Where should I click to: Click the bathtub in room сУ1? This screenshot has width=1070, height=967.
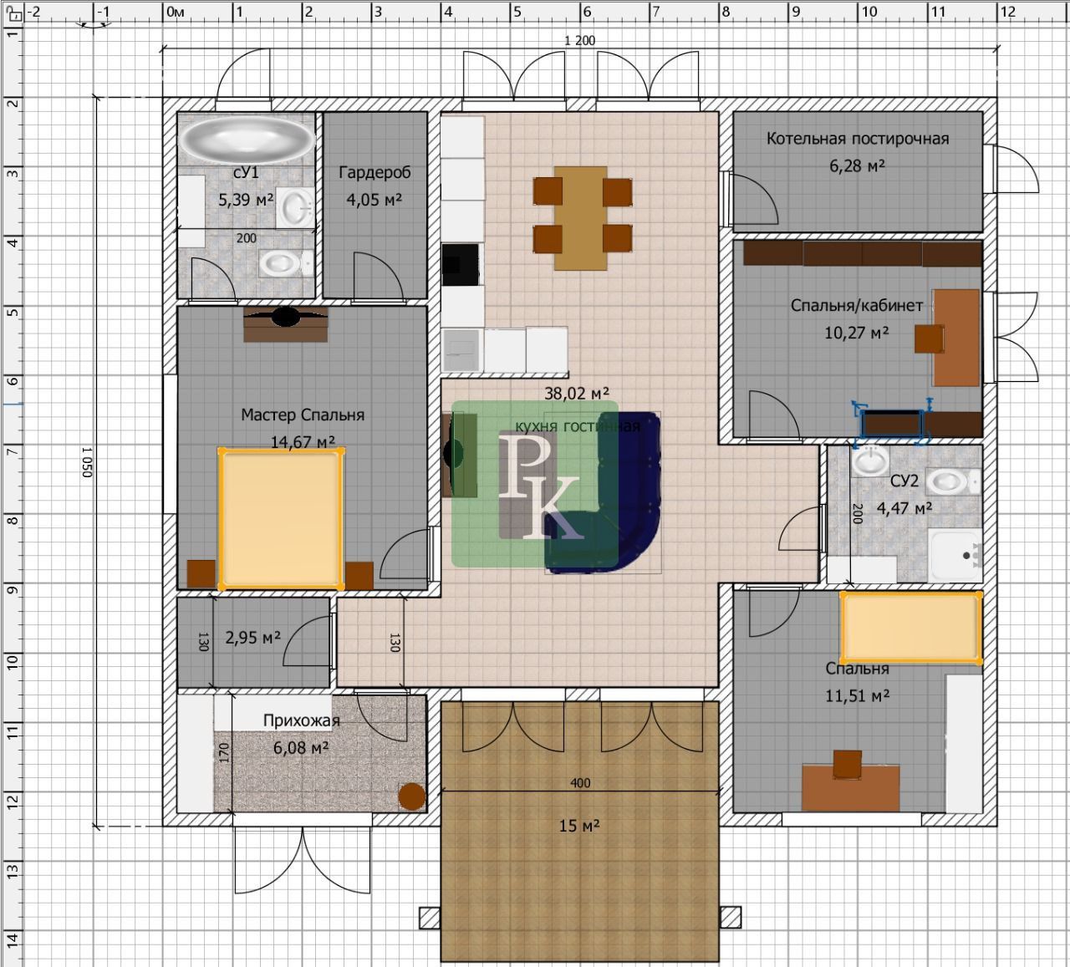tap(247, 138)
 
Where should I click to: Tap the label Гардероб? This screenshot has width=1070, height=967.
tap(374, 172)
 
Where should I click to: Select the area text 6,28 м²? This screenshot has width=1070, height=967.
tap(857, 165)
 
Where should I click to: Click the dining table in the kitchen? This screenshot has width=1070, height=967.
tap(580, 217)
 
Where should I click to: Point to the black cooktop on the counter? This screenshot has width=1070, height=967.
tap(460, 265)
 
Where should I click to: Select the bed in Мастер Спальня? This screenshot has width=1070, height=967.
tap(281, 519)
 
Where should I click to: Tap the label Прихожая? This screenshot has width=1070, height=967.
tap(302, 721)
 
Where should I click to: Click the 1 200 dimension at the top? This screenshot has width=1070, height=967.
tap(580, 41)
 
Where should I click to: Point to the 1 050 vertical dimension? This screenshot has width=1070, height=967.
tap(88, 462)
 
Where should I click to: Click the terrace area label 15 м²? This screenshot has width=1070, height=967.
tap(579, 827)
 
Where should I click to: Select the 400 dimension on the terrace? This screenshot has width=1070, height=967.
tap(580, 783)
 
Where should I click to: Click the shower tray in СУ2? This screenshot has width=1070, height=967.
tap(955, 555)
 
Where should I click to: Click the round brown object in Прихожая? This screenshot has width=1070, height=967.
tap(412, 797)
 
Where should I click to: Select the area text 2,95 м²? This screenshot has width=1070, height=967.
tap(252, 638)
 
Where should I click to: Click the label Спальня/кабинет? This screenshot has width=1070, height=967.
tap(857, 306)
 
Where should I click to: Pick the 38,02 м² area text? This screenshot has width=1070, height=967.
tap(577, 394)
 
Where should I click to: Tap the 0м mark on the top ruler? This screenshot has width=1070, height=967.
tap(176, 12)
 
